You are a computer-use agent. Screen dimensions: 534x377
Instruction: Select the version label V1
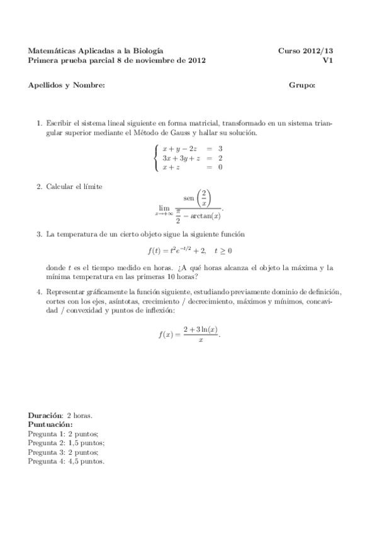point(327,60)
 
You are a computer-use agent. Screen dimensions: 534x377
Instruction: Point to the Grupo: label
point(302,85)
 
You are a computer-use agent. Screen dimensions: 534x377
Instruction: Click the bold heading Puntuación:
point(50,425)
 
